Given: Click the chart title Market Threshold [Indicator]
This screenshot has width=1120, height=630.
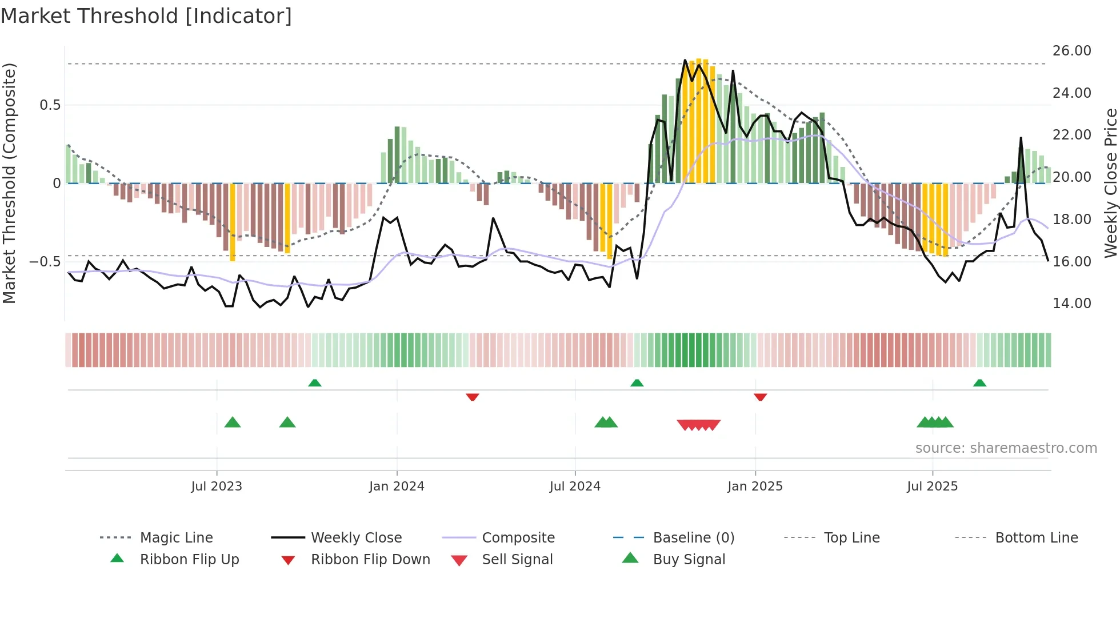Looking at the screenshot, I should pyautogui.click(x=146, y=16).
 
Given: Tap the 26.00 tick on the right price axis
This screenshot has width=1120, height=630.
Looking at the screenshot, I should pyautogui.click(x=1071, y=51).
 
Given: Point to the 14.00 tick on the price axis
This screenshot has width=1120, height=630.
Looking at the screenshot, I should pyautogui.click(x=1071, y=304).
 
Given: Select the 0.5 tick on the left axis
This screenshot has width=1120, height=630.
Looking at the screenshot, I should pyautogui.click(x=50, y=105).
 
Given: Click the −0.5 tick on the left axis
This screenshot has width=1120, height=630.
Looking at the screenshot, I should pyautogui.click(x=45, y=262).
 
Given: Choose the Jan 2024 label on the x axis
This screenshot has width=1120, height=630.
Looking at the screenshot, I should pyautogui.click(x=397, y=487).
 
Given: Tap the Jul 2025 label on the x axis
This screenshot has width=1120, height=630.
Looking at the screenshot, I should pyautogui.click(x=932, y=487).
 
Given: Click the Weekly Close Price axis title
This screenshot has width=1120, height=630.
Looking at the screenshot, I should pyautogui.click(x=1110, y=183).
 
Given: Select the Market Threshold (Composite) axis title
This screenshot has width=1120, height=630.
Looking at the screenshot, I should pyautogui.click(x=9, y=183).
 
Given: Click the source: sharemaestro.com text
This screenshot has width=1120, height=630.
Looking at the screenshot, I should pyautogui.click(x=1006, y=448).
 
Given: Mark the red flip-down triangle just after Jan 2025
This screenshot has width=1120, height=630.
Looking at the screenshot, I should pyautogui.click(x=760, y=397).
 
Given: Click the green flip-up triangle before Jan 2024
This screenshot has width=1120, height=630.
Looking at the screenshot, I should pyautogui.click(x=315, y=383).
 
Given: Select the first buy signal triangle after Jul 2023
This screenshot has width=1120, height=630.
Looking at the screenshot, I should pyautogui.click(x=233, y=422).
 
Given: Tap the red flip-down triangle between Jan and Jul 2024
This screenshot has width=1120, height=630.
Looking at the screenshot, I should pyautogui.click(x=472, y=397).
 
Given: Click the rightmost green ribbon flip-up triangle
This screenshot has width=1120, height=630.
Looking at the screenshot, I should pyautogui.click(x=979, y=383).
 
